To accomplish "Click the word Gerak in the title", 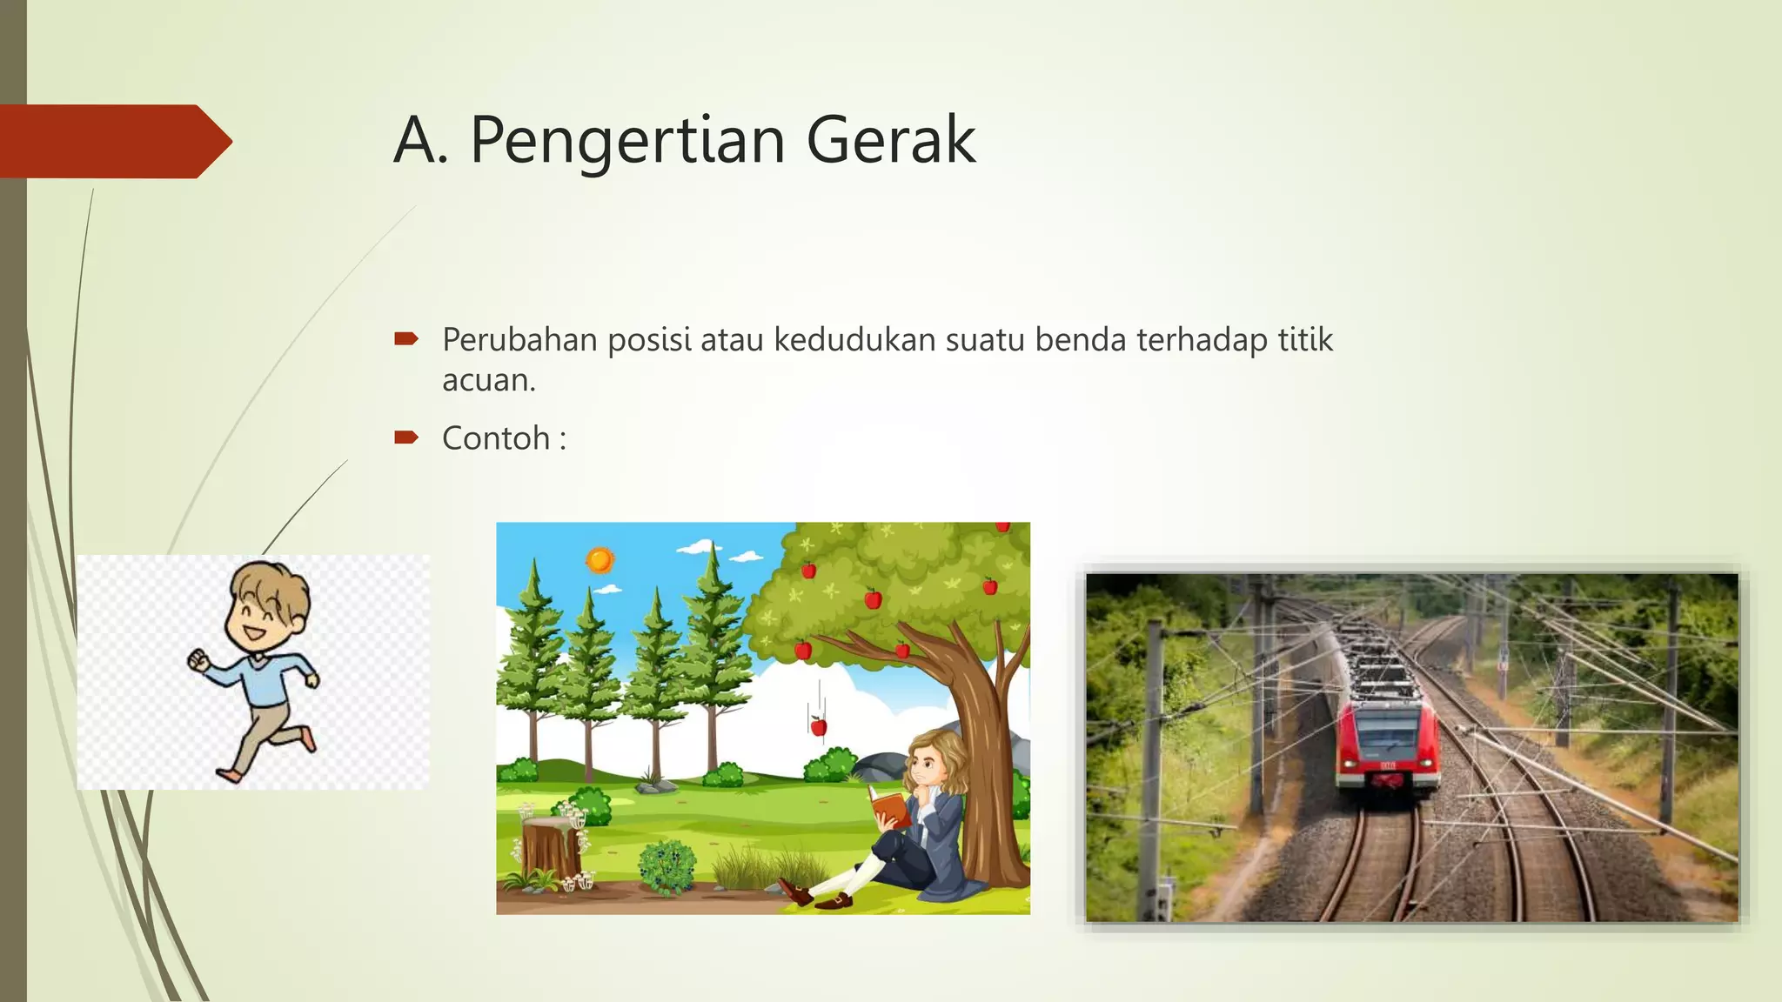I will [x=890, y=140].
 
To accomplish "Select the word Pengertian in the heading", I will [x=627, y=142].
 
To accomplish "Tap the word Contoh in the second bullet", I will [x=496, y=438].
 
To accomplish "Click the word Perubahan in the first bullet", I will [x=519, y=339].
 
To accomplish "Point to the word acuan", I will [x=488, y=380].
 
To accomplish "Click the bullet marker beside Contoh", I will [x=405, y=437].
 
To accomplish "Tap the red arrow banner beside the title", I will [x=113, y=141].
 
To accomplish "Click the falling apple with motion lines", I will [x=818, y=726].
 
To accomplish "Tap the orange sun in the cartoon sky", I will [x=600, y=560].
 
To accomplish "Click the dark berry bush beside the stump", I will [x=667, y=866].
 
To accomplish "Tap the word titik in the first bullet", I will [x=1304, y=339].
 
